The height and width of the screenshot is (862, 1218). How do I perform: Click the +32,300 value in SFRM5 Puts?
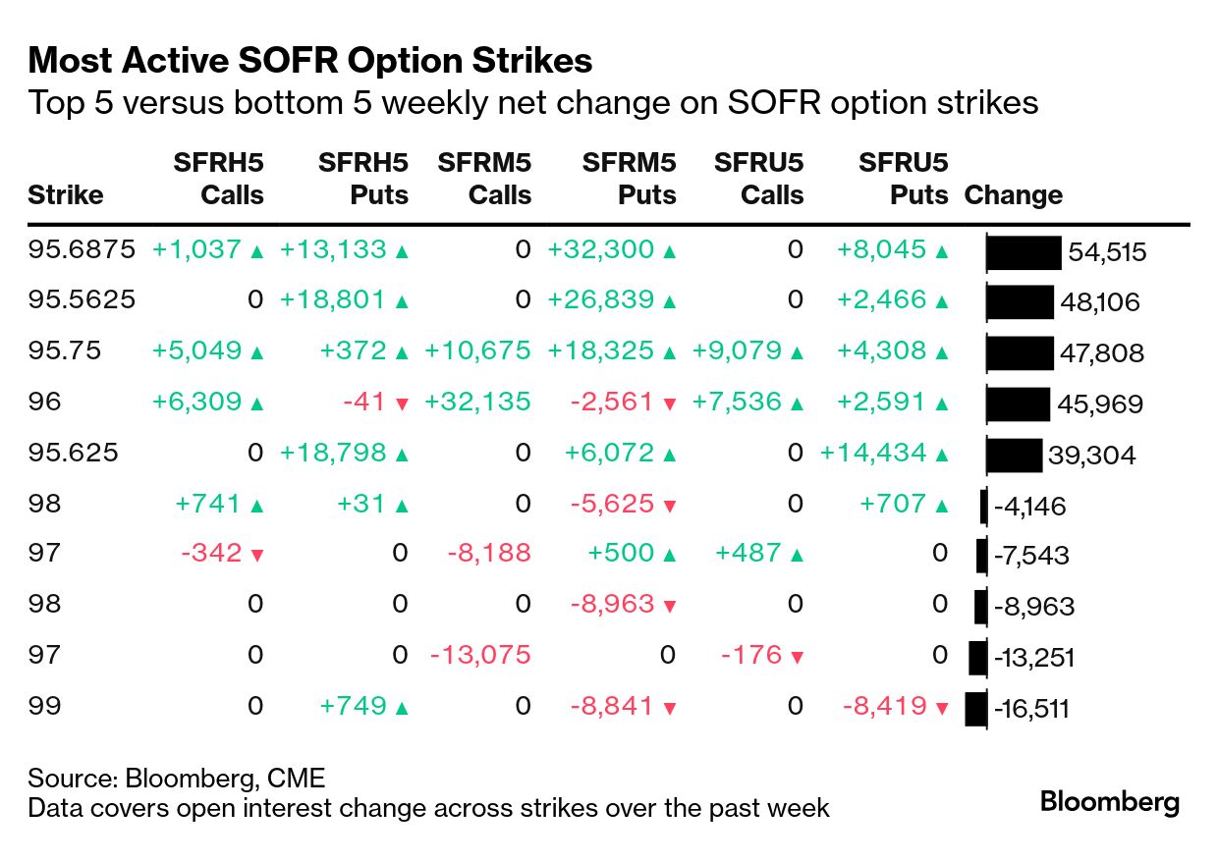coord(600,249)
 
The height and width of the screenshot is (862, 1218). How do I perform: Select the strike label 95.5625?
coord(82,299)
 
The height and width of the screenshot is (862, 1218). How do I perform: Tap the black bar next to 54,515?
coord(1024,252)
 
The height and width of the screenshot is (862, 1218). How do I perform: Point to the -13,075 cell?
coord(480,655)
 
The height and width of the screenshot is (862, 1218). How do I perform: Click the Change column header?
coord(1014,194)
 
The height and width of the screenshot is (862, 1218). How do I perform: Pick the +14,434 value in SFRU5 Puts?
coord(872,453)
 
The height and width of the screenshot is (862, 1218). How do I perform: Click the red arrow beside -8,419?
coord(942,708)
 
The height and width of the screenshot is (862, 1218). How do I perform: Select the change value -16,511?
coord(1031,709)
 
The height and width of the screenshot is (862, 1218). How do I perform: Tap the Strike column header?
coord(66,194)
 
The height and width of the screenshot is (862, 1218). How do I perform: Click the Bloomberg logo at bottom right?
coord(1110,803)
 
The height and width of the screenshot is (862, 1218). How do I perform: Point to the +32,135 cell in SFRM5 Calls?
coord(477,402)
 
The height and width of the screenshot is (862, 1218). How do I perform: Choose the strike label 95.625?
coord(73,453)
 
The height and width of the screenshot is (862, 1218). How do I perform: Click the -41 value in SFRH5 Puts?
coord(363,402)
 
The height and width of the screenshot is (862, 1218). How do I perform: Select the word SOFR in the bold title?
coord(288,60)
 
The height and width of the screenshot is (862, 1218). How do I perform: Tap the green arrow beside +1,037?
coord(257,251)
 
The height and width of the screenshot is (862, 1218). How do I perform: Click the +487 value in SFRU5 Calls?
coord(748,553)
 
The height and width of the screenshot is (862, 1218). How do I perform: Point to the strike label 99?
coord(44,706)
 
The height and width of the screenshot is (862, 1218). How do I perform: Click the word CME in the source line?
coord(296,779)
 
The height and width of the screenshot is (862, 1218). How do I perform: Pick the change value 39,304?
coord(1092,456)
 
